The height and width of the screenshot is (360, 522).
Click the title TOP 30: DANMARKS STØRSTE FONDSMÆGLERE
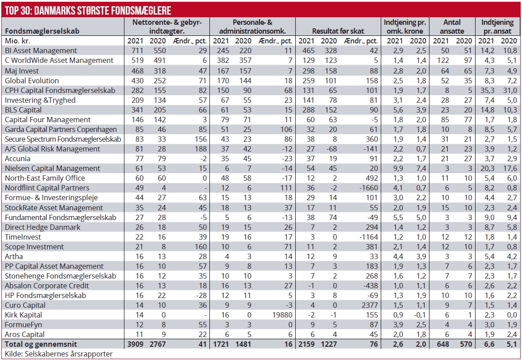pyautogui.click(x=87, y=10)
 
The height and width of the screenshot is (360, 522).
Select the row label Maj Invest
pyautogui.click(x=22, y=70)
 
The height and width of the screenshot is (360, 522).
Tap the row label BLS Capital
pyautogui.click(x=23, y=110)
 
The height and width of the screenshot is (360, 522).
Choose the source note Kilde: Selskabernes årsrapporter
pyautogui.click(x=58, y=354)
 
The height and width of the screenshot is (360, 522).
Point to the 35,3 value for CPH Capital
pyautogui.click(x=489, y=90)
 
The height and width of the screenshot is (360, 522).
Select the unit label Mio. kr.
pyautogui.click(x=17, y=41)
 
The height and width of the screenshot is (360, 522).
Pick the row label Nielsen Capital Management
pyautogui.click(x=52, y=168)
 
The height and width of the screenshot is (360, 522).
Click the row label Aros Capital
pyautogui.click(x=26, y=334)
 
